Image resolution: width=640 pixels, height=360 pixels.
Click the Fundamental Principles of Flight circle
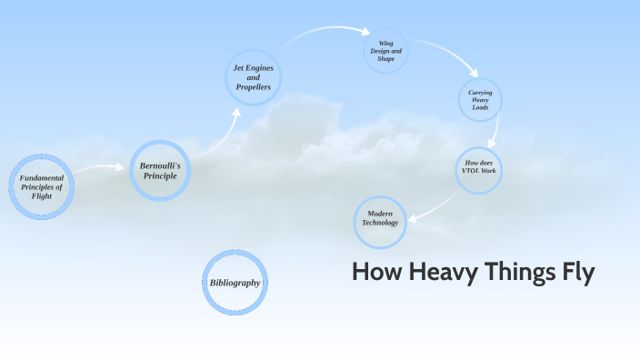click(x=42, y=187)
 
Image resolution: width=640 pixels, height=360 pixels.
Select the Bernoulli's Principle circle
click(x=160, y=170)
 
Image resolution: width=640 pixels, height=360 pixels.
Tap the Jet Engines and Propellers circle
click(x=253, y=76)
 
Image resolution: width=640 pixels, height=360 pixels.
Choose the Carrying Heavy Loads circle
click(x=479, y=100)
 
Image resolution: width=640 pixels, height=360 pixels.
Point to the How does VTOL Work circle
click(x=478, y=168)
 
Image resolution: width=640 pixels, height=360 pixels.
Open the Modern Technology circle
click(x=380, y=222)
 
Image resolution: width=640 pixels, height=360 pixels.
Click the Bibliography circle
click(x=235, y=283)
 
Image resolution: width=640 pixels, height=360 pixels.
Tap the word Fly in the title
click(x=574, y=273)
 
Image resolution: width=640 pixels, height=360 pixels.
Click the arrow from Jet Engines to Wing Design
click(x=318, y=34)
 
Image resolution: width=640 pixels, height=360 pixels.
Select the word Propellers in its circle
click(x=253, y=87)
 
